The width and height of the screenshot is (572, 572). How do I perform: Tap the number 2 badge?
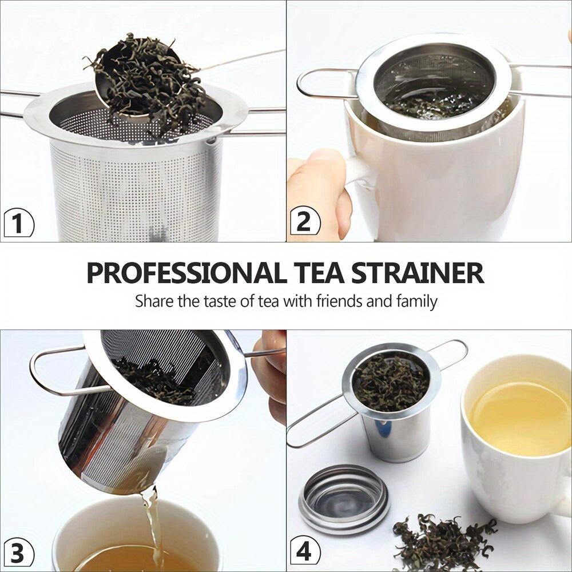pyautogui.click(x=304, y=221)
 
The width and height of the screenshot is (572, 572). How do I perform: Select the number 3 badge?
pyautogui.click(x=18, y=553)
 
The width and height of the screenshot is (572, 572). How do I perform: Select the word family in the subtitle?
pyautogui.click(x=416, y=300)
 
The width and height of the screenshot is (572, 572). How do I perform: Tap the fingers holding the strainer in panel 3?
pyautogui.click(x=271, y=372)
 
